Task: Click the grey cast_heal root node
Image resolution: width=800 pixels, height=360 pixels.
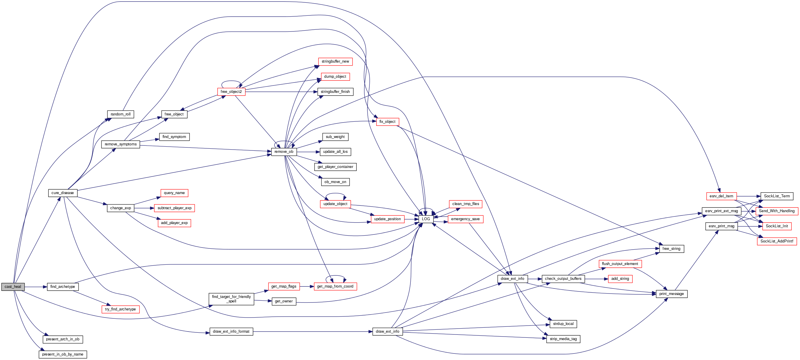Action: coord(13,287)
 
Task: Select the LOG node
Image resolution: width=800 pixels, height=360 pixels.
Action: coord(426,219)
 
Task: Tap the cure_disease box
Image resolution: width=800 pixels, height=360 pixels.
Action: coord(63,193)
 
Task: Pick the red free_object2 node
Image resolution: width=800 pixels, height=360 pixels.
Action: coord(231,92)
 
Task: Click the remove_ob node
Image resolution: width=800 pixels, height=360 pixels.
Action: coord(284,152)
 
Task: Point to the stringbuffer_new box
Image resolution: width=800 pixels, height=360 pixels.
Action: coord(335,61)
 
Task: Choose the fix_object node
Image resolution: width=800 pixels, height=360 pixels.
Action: coord(387,122)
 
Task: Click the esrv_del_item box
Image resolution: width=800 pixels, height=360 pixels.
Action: coord(721,196)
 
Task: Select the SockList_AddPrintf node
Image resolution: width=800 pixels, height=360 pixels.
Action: coord(777,241)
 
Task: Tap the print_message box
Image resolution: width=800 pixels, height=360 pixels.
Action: coord(672,294)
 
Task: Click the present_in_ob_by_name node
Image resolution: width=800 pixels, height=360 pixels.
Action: coord(63,354)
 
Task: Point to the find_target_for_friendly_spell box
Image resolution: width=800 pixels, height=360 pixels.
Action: coord(231,299)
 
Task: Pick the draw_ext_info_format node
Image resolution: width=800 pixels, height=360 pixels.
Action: coord(231,332)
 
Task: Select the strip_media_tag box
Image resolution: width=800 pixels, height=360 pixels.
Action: coord(563,339)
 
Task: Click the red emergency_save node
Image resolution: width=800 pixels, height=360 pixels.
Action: coord(465,219)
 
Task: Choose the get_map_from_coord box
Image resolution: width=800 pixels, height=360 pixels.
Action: coord(335,286)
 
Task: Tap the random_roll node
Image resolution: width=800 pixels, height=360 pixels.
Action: coord(120,114)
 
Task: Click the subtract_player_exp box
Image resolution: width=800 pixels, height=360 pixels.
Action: coord(174,208)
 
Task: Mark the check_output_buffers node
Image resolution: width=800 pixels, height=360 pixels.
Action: coord(563,279)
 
